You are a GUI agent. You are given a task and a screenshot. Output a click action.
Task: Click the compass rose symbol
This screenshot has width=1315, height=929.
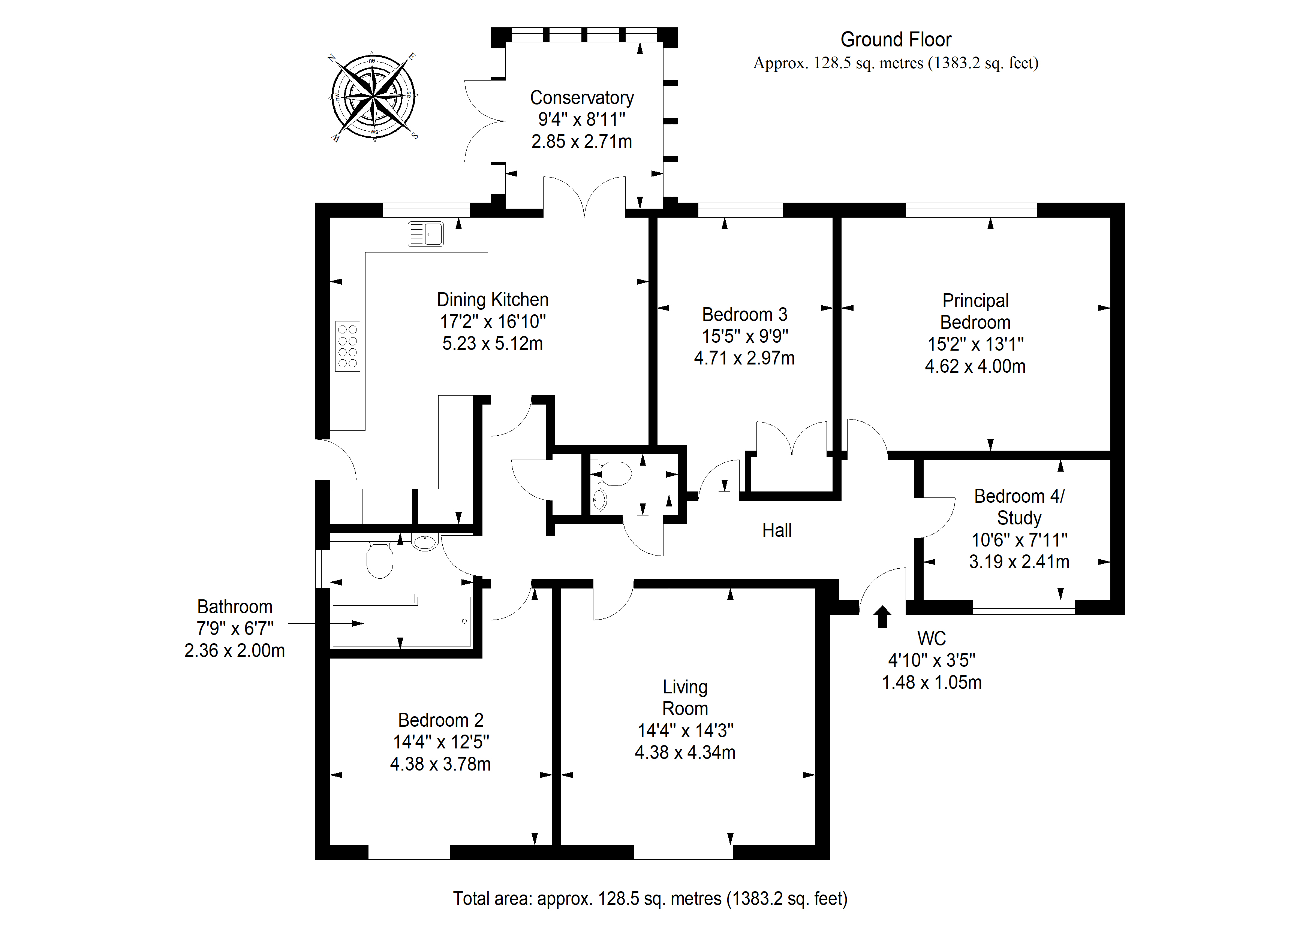[373, 96]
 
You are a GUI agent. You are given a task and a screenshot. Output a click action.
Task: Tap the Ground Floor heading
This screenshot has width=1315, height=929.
[896, 39]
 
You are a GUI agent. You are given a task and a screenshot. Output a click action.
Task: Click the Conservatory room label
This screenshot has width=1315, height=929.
[582, 98]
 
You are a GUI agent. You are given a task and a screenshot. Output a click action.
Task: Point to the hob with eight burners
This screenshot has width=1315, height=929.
[347, 346]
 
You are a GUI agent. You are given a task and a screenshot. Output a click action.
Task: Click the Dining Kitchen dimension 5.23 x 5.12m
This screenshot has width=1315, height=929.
[493, 344]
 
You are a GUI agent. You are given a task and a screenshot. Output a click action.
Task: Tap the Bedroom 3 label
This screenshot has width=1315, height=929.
[744, 314]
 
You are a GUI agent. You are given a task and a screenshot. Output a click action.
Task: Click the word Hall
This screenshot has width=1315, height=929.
[777, 530]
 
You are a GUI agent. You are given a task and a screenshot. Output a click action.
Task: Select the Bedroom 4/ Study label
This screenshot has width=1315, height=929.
[1020, 506]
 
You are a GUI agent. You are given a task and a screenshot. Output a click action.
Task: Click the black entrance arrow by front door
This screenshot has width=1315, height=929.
[882, 617]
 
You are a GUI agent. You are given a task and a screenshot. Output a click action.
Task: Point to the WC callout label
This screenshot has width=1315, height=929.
[932, 638]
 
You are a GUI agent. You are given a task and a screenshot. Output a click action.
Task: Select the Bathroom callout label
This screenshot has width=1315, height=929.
[235, 607]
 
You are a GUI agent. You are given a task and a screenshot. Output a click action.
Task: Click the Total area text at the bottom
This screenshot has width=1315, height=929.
[650, 899]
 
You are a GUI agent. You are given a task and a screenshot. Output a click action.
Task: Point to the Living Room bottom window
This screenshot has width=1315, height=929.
[683, 852]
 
